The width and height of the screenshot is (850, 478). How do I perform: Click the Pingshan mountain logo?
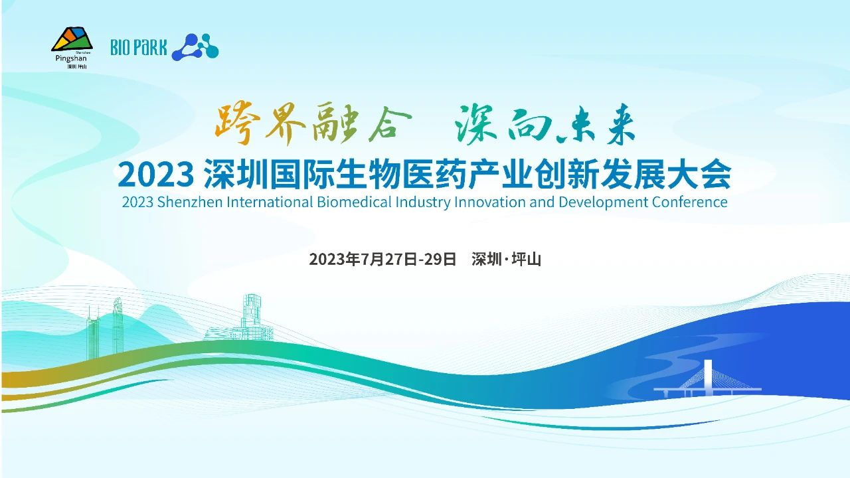coord(72,39)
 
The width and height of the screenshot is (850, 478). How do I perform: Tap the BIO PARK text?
coord(139,47)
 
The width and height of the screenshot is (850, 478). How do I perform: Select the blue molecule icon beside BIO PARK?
coord(195,47)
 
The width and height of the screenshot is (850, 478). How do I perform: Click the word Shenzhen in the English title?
coord(190,202)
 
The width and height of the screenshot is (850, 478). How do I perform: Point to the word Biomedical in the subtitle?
coord(354,202)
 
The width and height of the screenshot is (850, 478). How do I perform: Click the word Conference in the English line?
coord(689,202)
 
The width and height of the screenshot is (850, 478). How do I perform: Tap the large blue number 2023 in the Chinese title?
coord(154,176)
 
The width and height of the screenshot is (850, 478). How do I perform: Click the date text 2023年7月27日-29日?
coord(382,260)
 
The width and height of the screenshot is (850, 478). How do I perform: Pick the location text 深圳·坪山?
coord(506,260)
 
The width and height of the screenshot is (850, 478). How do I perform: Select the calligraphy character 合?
coord(389,122)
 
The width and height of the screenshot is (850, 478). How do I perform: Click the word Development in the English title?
coord(604,202)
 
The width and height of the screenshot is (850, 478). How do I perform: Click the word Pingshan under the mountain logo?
coord(71,59)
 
